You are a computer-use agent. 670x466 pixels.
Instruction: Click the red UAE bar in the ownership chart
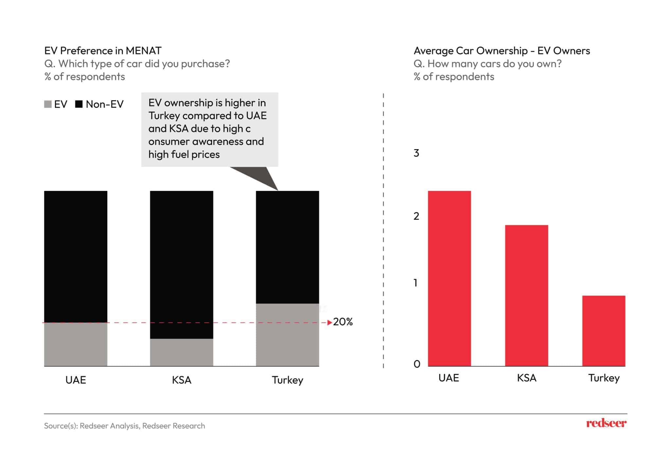pyautogui.click(x=449, y=278)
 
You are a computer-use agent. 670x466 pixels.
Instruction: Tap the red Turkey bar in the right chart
pyautogui.click(x=604, y=331)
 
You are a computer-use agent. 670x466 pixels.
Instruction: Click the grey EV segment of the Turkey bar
pyautogui.click(x=287, y=335)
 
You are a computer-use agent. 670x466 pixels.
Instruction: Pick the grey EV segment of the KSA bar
pyautogui.click(x=182, y=352)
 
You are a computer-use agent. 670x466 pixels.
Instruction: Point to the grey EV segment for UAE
pyautogui.click(x=76, y=344)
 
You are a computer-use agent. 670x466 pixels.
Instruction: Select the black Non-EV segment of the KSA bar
pyautogui.click(x=182, y=265)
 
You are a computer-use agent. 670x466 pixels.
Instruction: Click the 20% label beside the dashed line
pyautogui.click(x=343, y=322)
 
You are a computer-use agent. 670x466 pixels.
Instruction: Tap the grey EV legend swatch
pyautogui.click(x=48, y=104)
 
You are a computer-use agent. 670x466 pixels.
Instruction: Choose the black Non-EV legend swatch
pyautogui.click(x=79, y=104)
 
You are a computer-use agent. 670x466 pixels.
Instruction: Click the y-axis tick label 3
pyautogui.click(x=416, y=153)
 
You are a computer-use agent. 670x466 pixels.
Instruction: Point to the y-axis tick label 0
pyautogui.click(x=417, y=364)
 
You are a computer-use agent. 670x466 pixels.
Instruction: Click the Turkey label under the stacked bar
pyautogui.click(x=287, y=380)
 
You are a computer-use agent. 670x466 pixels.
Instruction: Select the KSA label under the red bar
pyautogui.click(x=526, y=378)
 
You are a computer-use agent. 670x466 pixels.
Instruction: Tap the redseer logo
pyautogui.click(x=606, y=423)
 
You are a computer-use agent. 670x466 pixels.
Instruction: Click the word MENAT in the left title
pyautogui.click(x=143, y=51)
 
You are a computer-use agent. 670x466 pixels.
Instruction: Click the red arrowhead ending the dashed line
pyautogui.click(x=329, y=323)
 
